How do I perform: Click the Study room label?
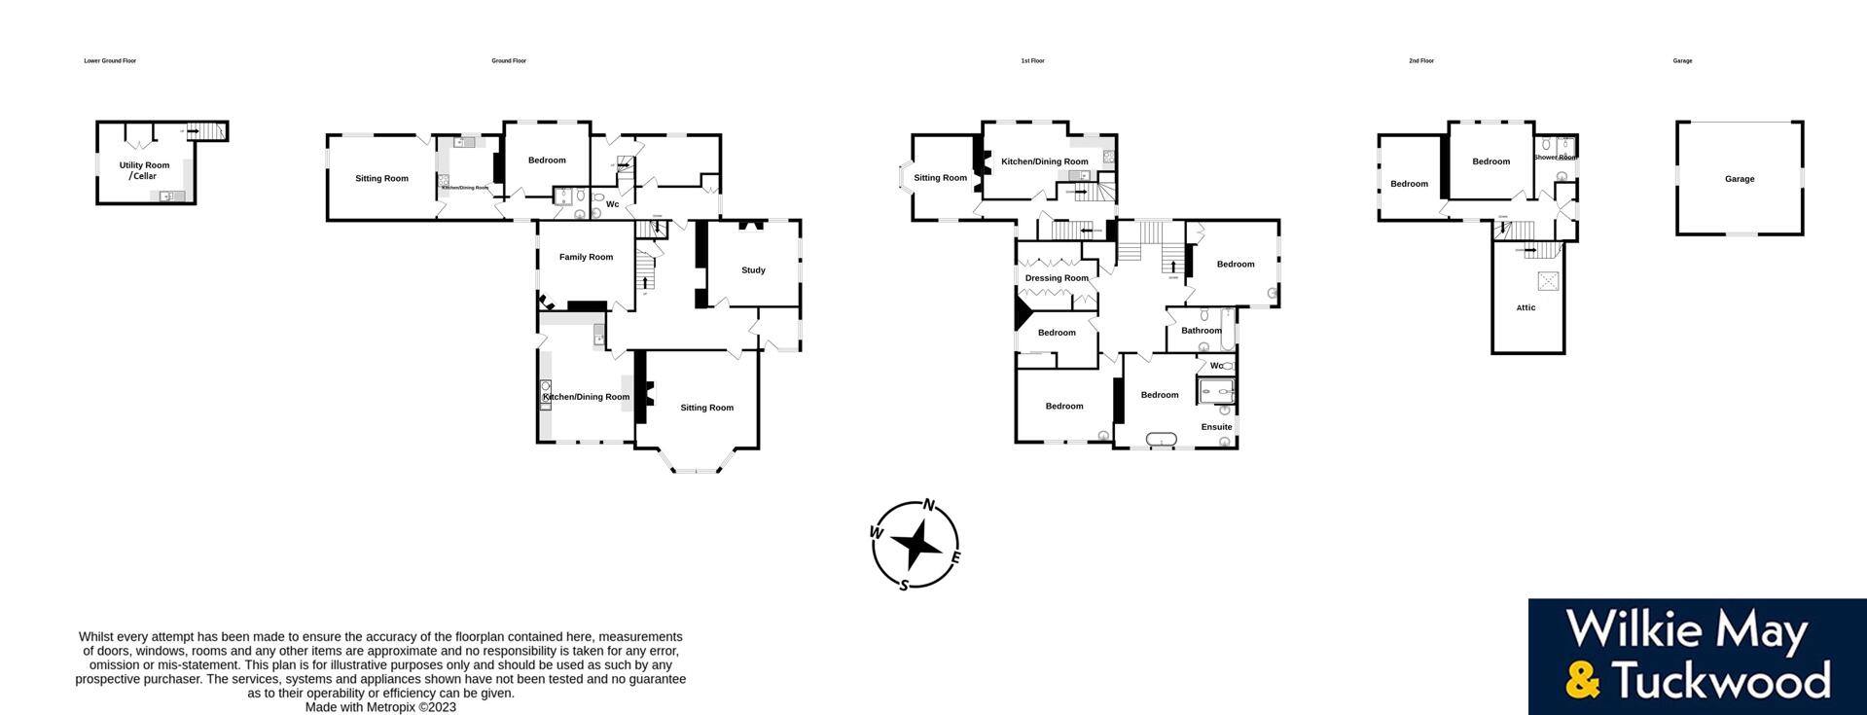point(753,270)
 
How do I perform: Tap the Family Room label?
point(586,258)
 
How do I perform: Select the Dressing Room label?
point(1057,278)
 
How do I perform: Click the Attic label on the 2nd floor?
point(1526,308)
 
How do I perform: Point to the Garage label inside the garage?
point(1740,179)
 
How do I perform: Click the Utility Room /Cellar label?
point(144,170)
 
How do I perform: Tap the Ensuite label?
point(1216,427)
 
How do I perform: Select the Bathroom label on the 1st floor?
point(1202,331)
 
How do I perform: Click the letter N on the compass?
point(929,505)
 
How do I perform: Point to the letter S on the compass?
point(904,585)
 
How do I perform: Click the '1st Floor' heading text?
point(1032,61)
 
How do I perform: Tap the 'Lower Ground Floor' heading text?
point(110,61)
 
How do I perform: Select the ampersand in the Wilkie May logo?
point(1583,680)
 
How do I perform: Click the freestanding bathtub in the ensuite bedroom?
point(1162,441)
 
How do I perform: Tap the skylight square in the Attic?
point(1547,281)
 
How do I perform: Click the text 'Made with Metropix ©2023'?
point(380,707)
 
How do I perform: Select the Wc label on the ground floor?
point(612,204)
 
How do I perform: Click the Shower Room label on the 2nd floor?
point(1555,158)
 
